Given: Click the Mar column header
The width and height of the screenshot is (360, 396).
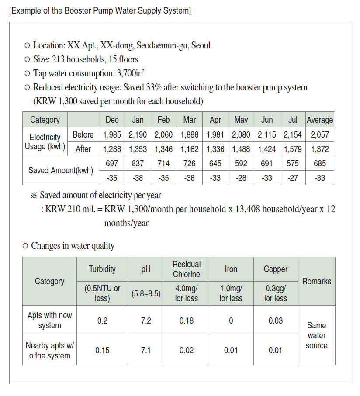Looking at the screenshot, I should pyautogui.click(x=189, y=120).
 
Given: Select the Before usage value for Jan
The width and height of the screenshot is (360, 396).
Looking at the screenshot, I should pyautogui.click(x=138, y=134).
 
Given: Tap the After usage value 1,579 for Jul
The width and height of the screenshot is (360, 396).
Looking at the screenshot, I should pyautogui.click(x=293, y=149).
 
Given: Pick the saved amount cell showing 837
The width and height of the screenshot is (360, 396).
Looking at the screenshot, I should pyautogui.click(x=138, y=163).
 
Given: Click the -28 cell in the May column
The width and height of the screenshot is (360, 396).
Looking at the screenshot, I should pyautogui.click(x=241, y=178).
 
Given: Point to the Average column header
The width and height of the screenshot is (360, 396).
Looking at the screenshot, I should pyautogui.click(x=320, y=120).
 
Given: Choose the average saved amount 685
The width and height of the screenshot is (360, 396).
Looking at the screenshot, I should pyautogui.click(x=320, y=163).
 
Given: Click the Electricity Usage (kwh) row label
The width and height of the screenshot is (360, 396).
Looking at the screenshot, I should pyautogui.click(x=45, y=142).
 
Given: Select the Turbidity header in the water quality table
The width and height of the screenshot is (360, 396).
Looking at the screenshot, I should pyautogui.click(x=102, y=269).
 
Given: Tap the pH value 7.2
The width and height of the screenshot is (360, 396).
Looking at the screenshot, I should pyautogui.click(x=146, y=320).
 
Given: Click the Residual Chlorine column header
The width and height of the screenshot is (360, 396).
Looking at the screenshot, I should pyautogui.click(x=187, y=269).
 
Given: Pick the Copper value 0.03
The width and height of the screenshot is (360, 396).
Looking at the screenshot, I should pyautogui.click(x=276, y=320).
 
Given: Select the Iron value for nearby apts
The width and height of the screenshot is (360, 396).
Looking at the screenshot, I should pyautogui.click(x=231, y=350).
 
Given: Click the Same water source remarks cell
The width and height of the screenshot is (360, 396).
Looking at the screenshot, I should pyautogui.click(x=317, y=335).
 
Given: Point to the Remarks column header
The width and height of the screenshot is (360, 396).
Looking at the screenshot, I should pyautogui.click(x=317, y=281).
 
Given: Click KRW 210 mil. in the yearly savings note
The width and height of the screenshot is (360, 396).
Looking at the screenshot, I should pyautogui.click(x=70, y=209).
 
